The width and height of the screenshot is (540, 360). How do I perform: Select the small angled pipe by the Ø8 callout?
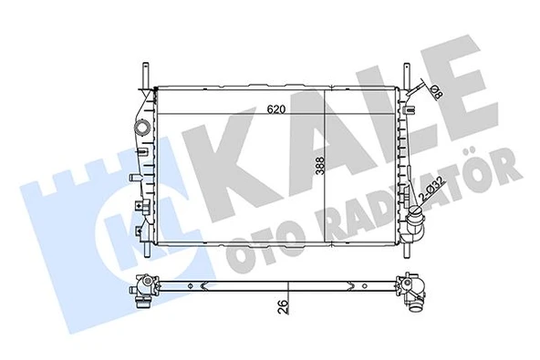click(x=418, y=91)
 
